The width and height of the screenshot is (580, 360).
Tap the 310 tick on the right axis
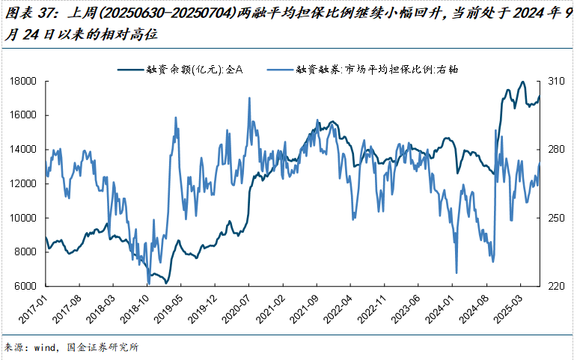[x=555, y=81]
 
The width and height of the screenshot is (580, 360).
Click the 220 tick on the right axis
[x=555, y=287]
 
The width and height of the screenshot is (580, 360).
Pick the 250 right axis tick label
[x=555, y=218]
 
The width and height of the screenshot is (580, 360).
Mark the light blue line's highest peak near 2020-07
[x=248, y=98]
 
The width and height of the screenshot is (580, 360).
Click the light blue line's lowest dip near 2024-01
[x=456, y=272]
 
